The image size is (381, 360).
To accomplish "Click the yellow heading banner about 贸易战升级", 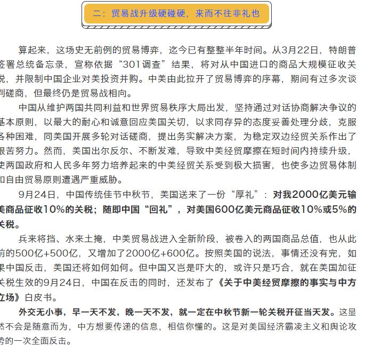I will pyautogui.click(x=176, y=14).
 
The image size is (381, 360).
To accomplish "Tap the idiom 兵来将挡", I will pyautogui.click(x=36, y=238).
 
